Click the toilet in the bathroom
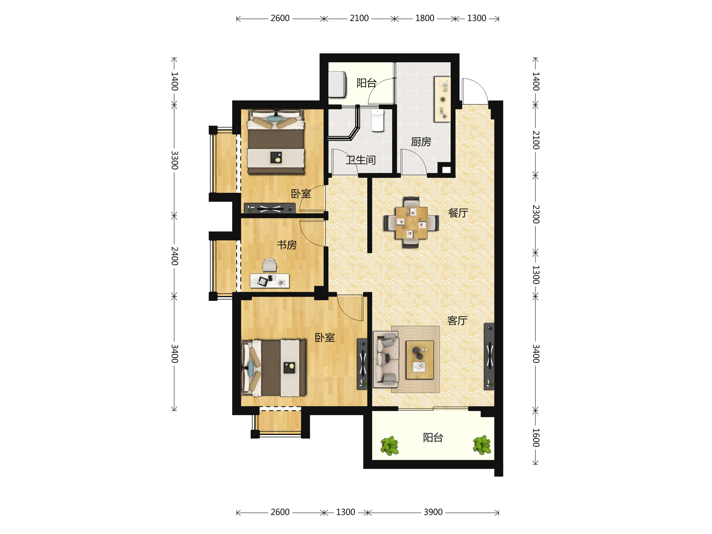378,120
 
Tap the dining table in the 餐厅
411,223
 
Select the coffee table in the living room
420,360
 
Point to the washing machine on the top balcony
337,84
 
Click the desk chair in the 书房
269,265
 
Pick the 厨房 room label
421,142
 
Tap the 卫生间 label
361,160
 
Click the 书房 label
287,245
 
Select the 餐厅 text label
458,213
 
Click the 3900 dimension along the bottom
433,512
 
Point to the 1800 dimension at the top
425,18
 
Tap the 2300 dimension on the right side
535,214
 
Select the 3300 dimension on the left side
174,160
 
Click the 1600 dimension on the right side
535,438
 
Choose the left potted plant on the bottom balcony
390,446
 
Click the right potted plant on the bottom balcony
482,445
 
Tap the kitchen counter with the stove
443,99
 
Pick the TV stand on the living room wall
489,356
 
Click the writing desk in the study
270,281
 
